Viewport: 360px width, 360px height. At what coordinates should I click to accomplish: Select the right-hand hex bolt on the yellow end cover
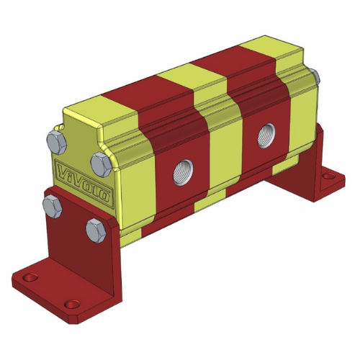pyautogui.click(x=99, y=161)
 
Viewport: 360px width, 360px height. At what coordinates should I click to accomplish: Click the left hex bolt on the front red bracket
pyautogui.click(x=51, y=207)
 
